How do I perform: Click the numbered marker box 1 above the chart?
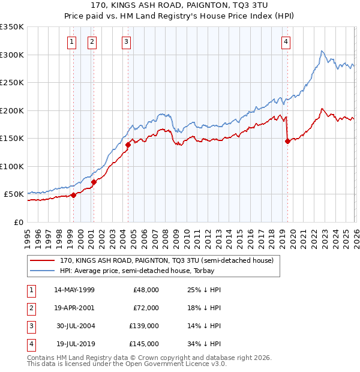(x=72, y=41)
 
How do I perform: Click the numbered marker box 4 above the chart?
(x=286, y=41)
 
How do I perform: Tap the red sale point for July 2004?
(x=128, y=144)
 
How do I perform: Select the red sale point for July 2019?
(x=287, y=142)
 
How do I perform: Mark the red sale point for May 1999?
(x=73, y=195)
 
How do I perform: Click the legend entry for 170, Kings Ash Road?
(x=166, y=260)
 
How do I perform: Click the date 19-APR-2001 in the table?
(x=74, y=308)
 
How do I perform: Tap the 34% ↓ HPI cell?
(x=205, y=344)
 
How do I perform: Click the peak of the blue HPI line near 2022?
(x=322, y=51)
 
